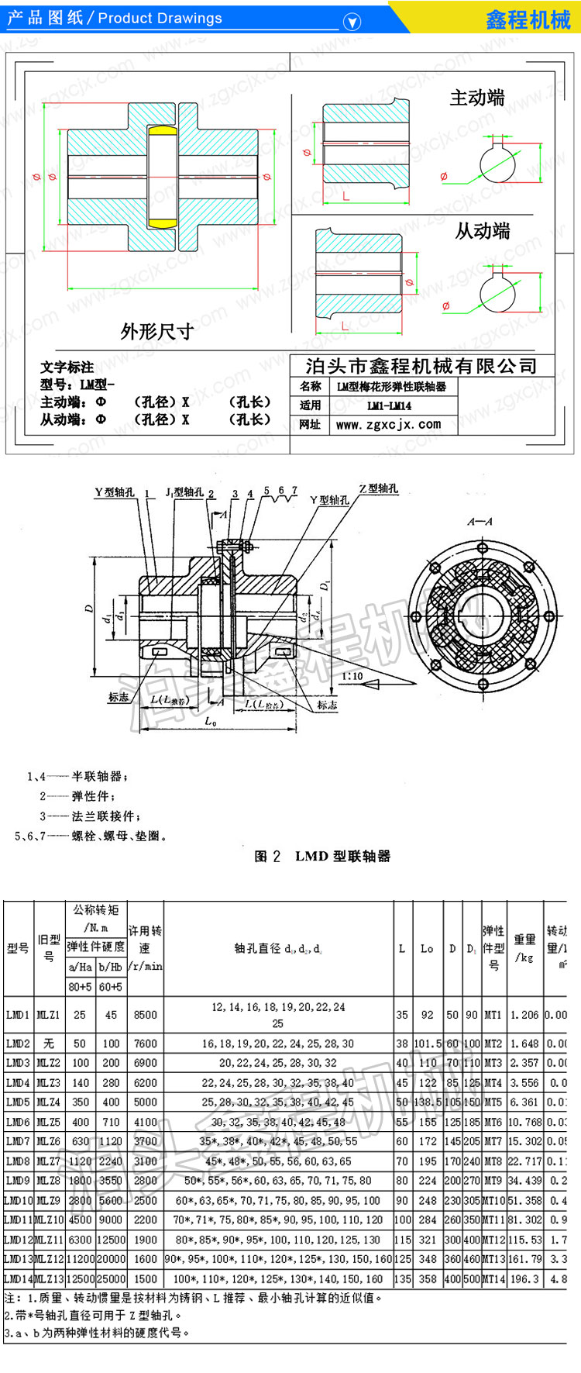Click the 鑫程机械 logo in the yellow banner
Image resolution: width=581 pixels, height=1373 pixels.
[528, 19]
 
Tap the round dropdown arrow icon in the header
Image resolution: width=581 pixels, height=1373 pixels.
[352, 22]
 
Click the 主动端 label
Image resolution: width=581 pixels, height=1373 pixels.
[477, 98]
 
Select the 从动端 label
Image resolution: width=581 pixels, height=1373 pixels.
[482, 230]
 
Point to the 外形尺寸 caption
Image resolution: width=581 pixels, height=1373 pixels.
[156, 332]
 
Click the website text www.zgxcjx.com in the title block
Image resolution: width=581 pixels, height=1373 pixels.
[388, 425]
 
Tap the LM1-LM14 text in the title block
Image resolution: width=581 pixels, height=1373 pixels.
[389, 405]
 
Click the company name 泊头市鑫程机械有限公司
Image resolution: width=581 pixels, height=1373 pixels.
[421, 366]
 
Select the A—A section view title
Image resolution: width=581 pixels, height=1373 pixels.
[480, 522]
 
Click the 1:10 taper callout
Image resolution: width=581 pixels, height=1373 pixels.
[352, 676]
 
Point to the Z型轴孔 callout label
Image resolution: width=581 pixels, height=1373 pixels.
[379, 488]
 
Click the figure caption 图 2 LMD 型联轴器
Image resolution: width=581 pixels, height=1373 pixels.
[322, 856]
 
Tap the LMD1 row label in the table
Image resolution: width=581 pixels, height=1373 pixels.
[17, 1014]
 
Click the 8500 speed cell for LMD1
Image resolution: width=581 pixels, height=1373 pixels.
[145, 1014]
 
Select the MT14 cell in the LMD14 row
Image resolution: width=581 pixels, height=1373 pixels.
[493, 1278]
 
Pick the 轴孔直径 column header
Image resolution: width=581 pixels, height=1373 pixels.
[278, 947]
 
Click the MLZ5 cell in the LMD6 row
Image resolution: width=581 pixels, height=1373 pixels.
[48, 1121]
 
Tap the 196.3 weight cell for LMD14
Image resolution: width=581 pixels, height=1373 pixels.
[524, 1278]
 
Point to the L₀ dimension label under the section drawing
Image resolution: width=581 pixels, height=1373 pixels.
[210, 722]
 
